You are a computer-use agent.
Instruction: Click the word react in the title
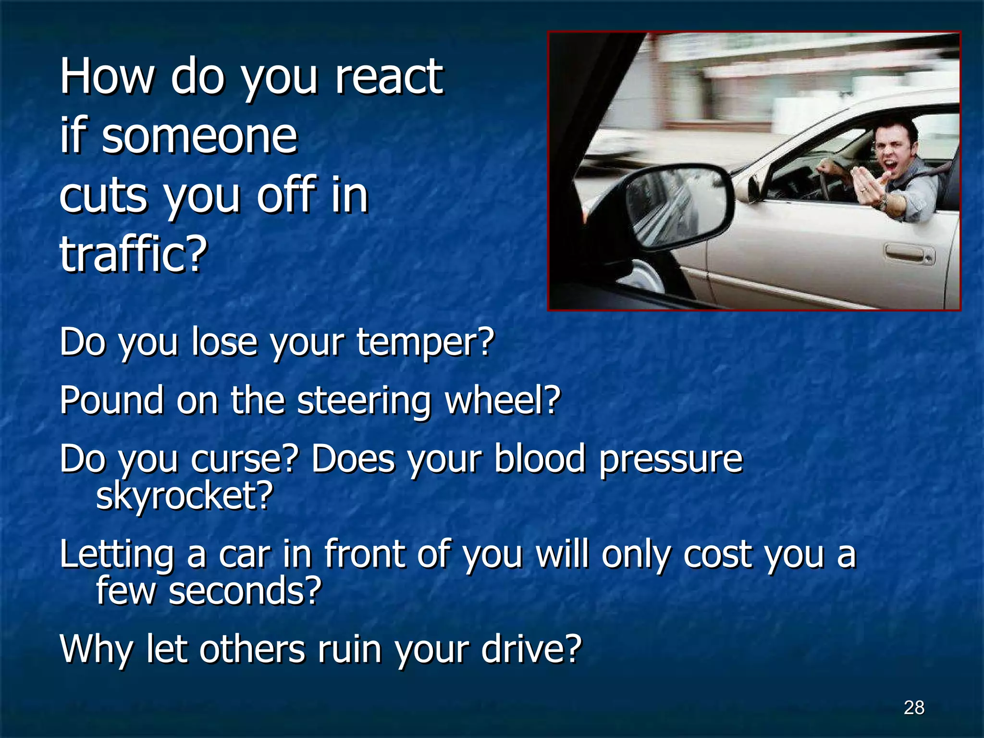[388, 77]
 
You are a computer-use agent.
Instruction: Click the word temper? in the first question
[425, 342]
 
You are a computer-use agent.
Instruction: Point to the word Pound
[111, 400]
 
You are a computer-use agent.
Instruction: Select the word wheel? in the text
[503, 400]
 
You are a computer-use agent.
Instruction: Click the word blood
[540, 458]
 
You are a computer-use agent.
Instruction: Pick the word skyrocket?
[184, 496]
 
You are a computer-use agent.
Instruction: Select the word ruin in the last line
[350, 649]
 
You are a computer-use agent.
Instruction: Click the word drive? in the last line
[531, 649]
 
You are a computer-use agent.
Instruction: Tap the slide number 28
[914, 707]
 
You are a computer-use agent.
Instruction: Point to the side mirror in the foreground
[677, 202]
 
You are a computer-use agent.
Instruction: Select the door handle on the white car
[908, 254]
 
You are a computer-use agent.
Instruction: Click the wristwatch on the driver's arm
[883, 203]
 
